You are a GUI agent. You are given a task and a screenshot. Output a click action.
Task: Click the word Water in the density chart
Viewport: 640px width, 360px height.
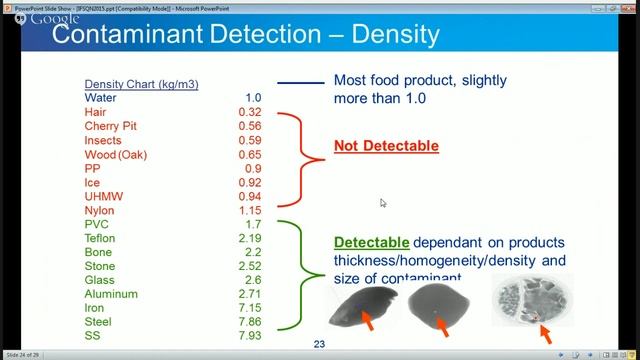pos(100,98)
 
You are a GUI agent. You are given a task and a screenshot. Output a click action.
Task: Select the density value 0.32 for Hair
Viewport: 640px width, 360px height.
pos(250,112)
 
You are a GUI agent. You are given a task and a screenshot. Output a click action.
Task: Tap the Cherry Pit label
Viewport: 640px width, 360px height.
pos(111,126)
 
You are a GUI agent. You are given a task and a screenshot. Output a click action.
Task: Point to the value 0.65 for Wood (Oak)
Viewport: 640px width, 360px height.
pos(250,155)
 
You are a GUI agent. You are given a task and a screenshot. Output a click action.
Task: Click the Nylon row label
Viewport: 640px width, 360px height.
pos(100,211)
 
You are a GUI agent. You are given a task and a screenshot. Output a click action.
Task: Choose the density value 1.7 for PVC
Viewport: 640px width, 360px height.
pos(253,225)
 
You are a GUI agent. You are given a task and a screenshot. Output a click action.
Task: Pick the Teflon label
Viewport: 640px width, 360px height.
pos(101,239)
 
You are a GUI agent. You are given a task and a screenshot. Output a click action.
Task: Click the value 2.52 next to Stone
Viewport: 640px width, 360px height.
pos(250,267)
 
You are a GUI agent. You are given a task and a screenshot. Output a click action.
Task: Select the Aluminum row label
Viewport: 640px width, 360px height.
pos(110,295)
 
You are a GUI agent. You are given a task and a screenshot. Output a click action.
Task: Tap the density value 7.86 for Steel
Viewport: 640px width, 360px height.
pos(250,323)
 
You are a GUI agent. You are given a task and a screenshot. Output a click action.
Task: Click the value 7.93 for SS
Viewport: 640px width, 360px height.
pos(250,337)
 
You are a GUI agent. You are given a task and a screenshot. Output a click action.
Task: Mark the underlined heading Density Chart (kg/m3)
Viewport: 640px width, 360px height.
pos(141,84)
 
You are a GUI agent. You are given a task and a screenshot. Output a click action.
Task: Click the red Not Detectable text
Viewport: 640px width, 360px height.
pos(386,146)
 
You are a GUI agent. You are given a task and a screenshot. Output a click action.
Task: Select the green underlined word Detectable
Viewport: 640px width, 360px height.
pos(371,243)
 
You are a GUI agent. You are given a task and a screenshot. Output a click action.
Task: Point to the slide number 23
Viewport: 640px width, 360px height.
pos(320,345)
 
